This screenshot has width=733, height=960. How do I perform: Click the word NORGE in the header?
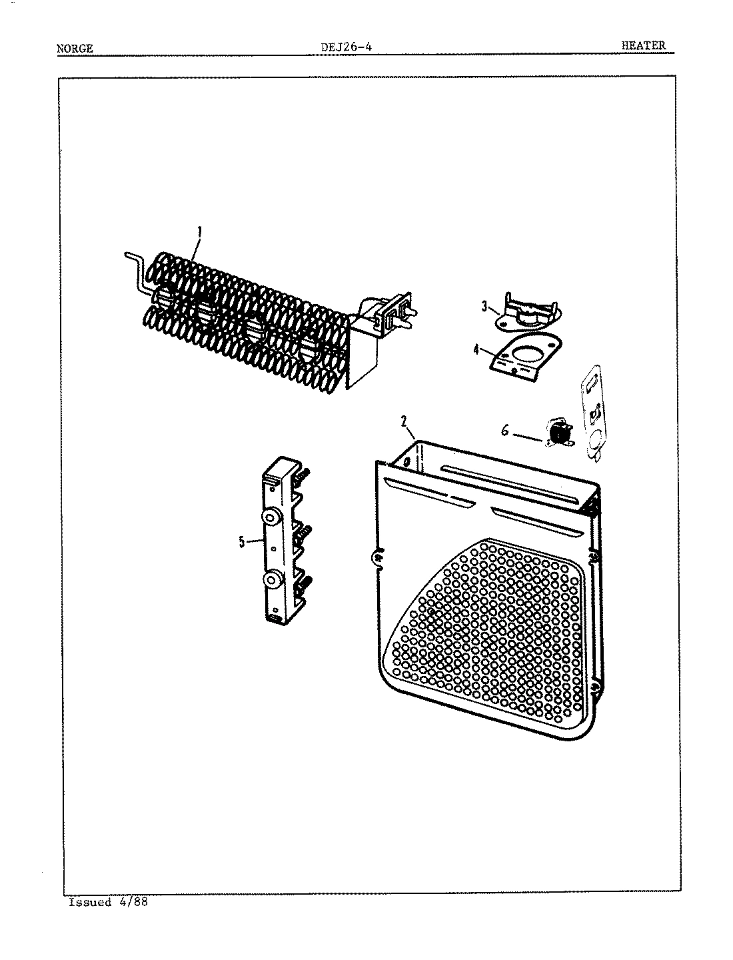click(x=75, y=49)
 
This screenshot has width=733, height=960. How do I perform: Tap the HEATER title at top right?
click(x=642, y=45)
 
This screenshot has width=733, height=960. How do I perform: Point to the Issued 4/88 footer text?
click(x=108, y=903)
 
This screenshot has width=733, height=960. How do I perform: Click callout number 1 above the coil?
click(x=200, y=233)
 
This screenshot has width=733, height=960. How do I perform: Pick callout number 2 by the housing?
click(x=404, y=421)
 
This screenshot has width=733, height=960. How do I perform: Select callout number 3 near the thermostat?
click(x=485, y=306)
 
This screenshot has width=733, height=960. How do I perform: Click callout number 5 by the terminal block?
click(x=242, y=541)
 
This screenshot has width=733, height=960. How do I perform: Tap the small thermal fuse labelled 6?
click(x=555, y=432)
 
